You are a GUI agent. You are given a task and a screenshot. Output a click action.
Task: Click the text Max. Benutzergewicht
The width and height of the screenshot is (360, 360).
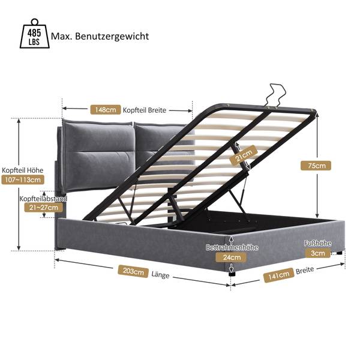click(100, 36)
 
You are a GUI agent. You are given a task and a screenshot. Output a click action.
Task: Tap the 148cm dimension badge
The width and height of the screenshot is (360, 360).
click(105, 110)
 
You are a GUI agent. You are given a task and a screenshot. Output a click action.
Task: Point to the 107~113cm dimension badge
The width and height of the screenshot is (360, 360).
click(25, 179)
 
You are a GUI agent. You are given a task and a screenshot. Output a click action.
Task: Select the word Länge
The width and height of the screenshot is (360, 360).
click(160, 276)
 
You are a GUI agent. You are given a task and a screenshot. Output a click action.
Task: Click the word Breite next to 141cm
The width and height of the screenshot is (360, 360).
click(305, 271)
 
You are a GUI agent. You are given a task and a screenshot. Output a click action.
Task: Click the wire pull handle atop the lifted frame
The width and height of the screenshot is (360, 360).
click(273, 96)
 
